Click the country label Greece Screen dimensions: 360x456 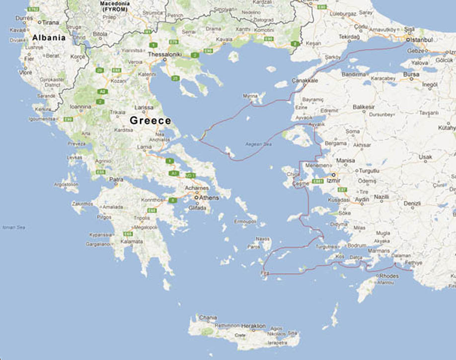point(150,121)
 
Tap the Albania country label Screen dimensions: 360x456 point(49,38)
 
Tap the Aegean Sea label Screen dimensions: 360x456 point(259,144)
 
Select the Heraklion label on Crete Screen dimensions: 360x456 point(254,326)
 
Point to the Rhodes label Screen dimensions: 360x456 point(389,276)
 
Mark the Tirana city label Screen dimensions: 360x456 point(50,22)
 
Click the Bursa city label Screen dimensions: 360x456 point(411,74)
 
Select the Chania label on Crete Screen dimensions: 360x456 point(208,317)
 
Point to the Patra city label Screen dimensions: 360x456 point(116,179)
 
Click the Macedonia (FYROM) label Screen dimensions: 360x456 point(114,6)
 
